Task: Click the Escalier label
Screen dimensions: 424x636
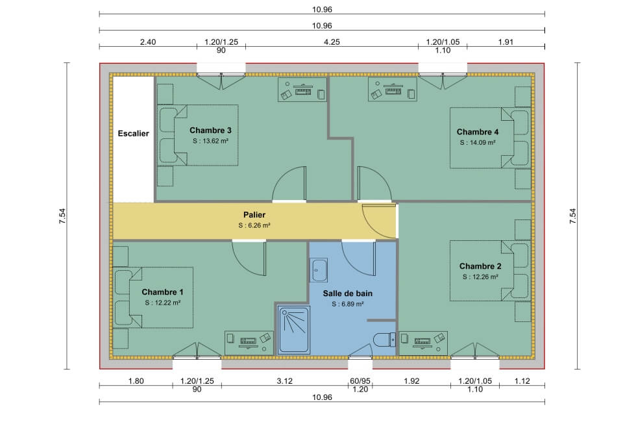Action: pyautogui.click(x=133, y=134)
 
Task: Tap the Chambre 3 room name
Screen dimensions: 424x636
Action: pyautogui.click(x=210, y=129)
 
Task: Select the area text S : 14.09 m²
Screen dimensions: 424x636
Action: pyautogui.click(x=478, y=142)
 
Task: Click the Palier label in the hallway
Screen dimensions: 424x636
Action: pyautogui.click(x=254, y=214)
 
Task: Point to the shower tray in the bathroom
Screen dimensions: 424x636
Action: pyautogui.click(x=294, y=330)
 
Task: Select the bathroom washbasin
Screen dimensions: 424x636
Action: pyautogui.click(x=319, y=269)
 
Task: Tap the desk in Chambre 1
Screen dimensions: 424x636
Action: pyautogui.click(x=249, y=340)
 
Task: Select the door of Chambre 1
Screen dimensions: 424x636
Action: pyautogui.click(x=250, y=258)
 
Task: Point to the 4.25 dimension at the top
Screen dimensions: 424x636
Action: pyautogui.click(x=332, y=42)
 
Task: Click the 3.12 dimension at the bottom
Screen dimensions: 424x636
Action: pyautogui.click(x=284, y=381)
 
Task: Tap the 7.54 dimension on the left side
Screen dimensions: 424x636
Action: pyautogui.click(x=62, y=216)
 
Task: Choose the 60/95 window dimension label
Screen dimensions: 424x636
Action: pyautogui.click(x=360, y=381)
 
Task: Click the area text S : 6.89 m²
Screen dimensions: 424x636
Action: pyautogui.click(x=347, y=304)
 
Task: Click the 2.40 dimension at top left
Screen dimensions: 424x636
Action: pyautogui.click(x=147, y=42)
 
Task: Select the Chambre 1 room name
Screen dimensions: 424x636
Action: pyautogui.click(x=162, y=292)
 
